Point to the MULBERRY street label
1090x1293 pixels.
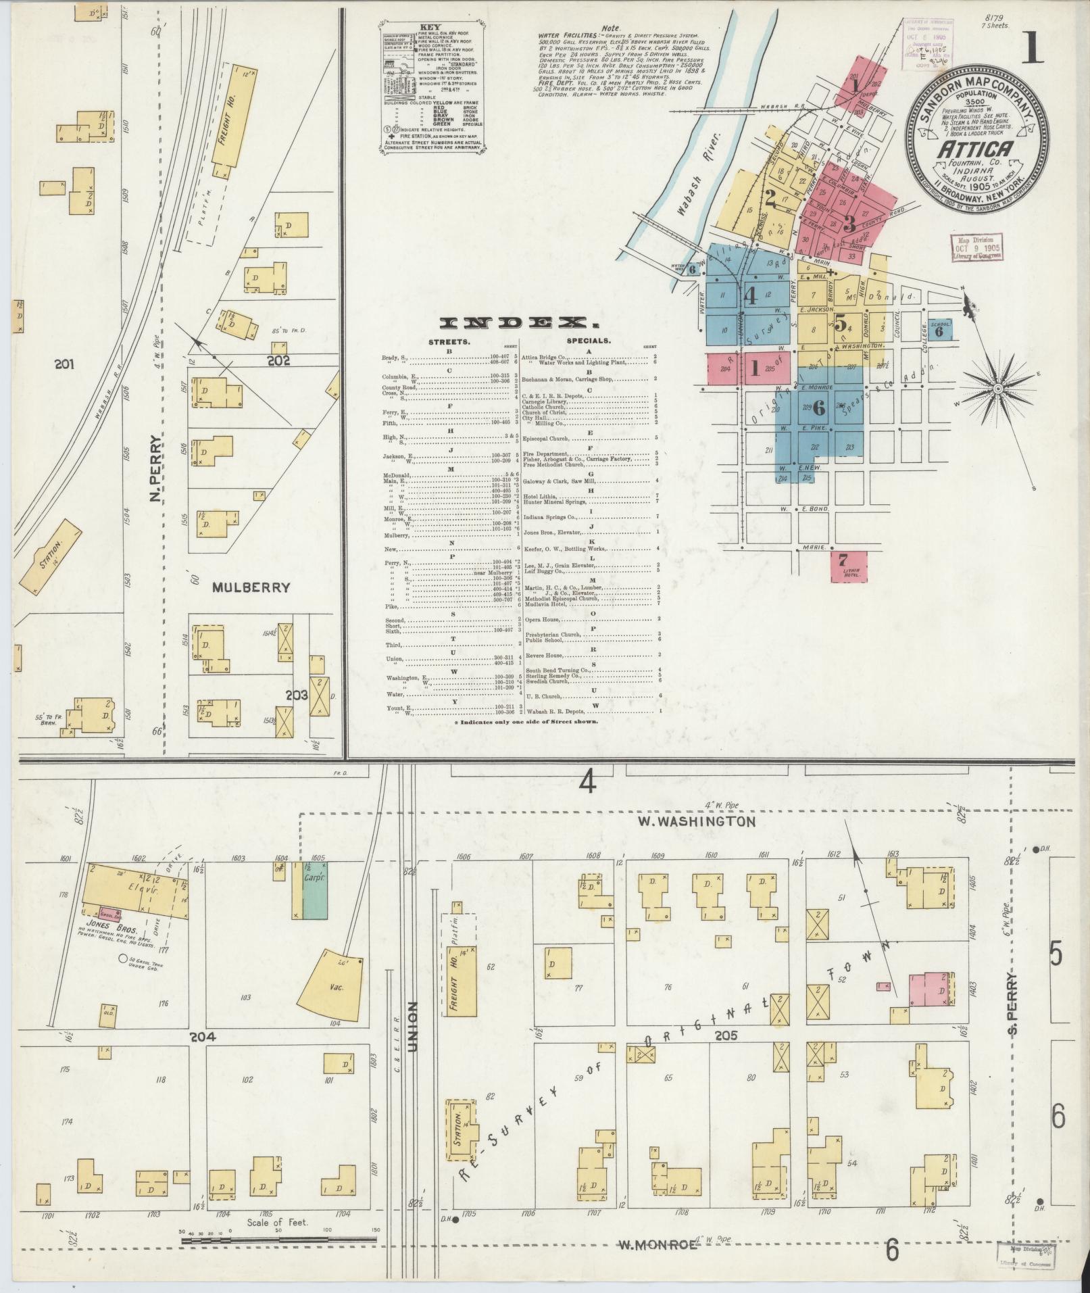pos(251,587)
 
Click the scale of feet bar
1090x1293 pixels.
pos(278,1240)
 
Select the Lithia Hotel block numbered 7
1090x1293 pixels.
pos(849,565)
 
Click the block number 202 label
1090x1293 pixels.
pos(278,360)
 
